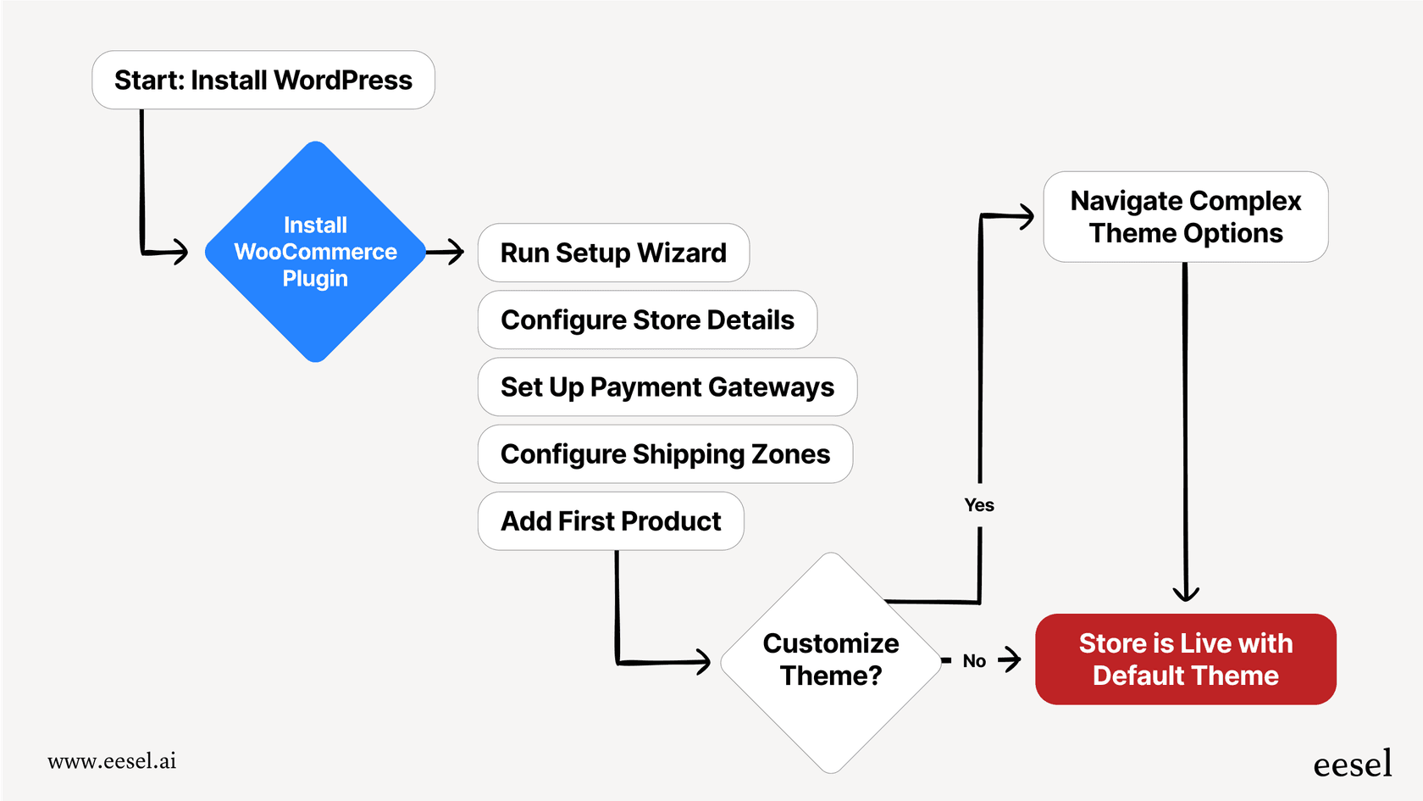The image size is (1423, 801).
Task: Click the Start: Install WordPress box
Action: (263, 80)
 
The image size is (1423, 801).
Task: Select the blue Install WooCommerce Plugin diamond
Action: (315, 252)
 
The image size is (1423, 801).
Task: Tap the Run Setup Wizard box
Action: (613, 253)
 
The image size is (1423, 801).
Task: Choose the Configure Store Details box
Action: (647, 320)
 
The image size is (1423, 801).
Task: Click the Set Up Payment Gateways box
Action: (667, 387)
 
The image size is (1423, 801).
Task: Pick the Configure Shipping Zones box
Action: (665, 453)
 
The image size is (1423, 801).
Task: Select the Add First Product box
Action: (611, 520)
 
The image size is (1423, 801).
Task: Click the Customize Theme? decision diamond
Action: (831, 661)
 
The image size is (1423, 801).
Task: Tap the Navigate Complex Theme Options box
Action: (1185, 217)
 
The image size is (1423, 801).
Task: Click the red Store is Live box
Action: (1185, 659)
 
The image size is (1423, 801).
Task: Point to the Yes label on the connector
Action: (979, 505)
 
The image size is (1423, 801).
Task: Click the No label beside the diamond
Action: (974, 661)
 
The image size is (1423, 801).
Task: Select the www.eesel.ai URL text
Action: (112, 761)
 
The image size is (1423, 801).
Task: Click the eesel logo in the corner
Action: (1352, 765)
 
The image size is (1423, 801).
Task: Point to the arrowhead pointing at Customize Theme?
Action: (704, 661)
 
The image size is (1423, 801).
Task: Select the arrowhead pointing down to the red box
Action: (1186, 594)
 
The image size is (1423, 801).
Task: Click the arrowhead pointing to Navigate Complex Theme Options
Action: (1027, 216)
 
